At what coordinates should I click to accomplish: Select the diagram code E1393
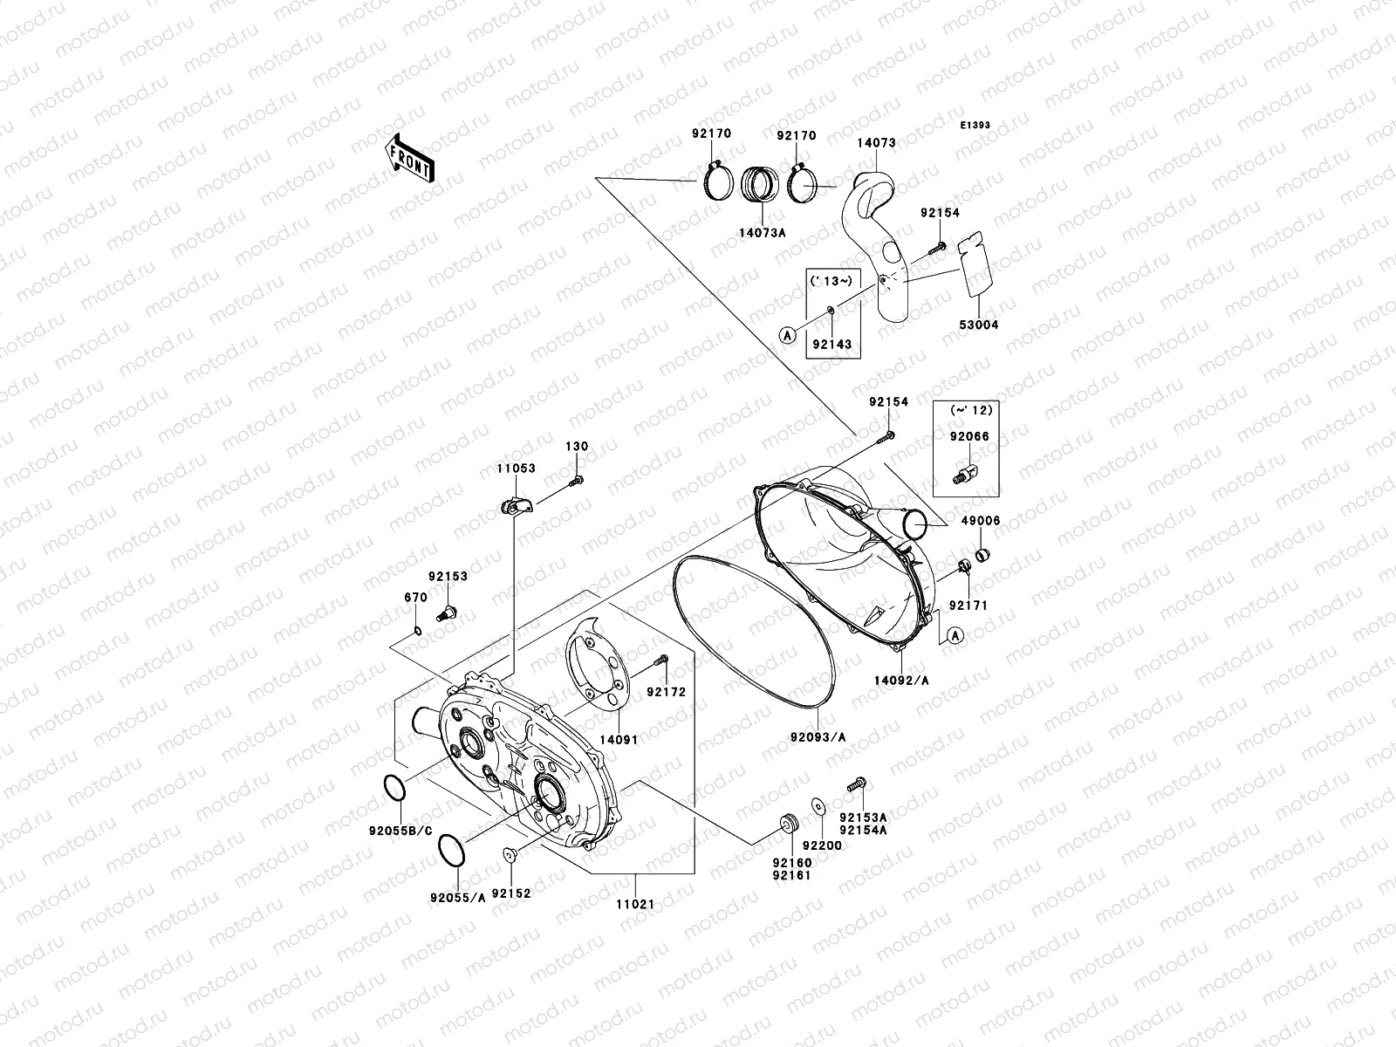point(975,126)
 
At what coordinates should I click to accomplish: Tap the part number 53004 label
point(977,325)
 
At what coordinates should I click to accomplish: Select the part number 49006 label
point(981,521)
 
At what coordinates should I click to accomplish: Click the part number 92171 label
point(968,605)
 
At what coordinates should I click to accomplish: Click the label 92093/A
point(818,737)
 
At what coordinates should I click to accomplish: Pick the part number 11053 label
point(517,469)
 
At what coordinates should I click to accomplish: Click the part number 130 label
point(577,446)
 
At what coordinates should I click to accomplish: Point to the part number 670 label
point(415,598)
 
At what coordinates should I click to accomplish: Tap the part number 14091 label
point(619,739)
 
